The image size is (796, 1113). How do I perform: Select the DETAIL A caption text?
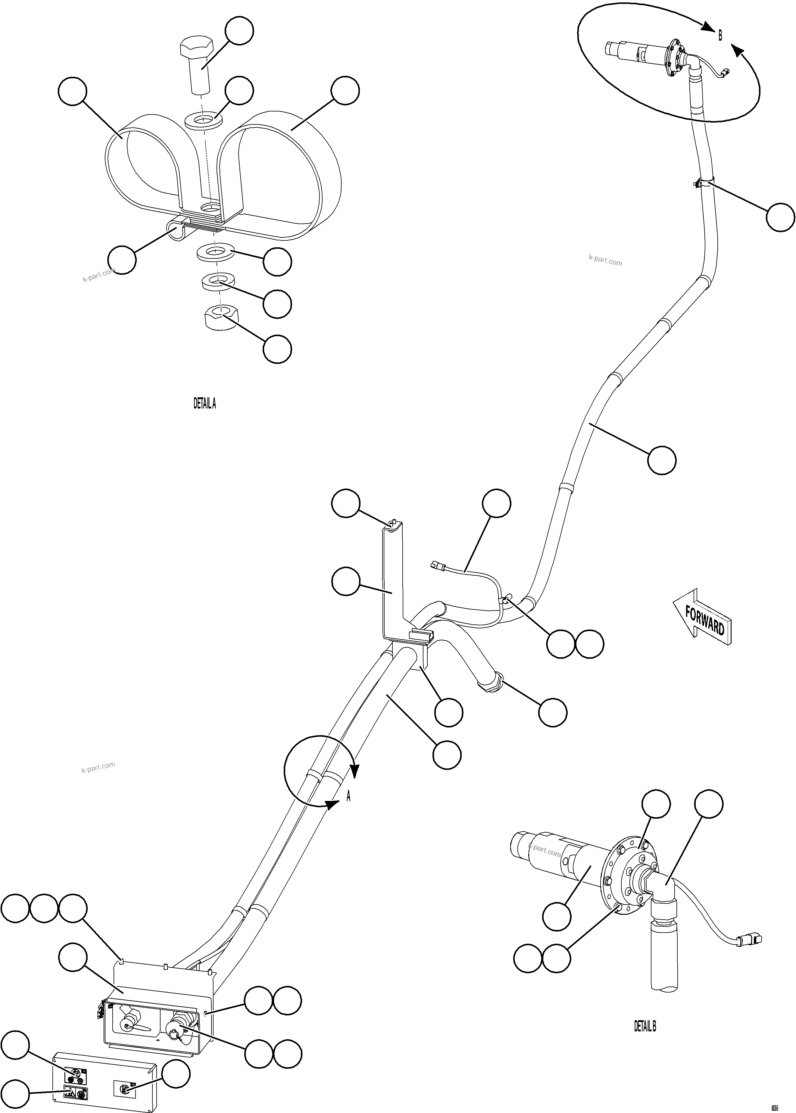pos(204,403)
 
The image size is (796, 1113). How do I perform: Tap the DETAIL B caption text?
pos(645,1026)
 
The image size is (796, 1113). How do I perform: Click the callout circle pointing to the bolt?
pos(239,30)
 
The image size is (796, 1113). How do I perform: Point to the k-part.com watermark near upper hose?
pos(605,260)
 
